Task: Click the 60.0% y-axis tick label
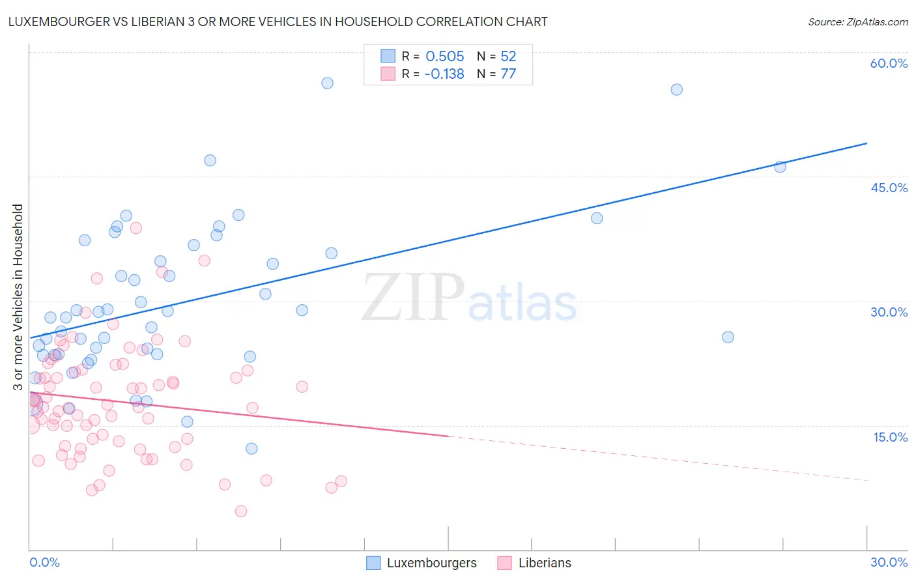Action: point(889,63)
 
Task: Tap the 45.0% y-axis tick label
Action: point(889,188)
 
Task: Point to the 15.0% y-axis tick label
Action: point(890,437)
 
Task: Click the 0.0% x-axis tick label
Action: point(44,562)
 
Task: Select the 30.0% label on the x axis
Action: point(889,562)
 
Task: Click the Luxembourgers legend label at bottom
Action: point(431,563)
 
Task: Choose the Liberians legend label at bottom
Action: point(545,563)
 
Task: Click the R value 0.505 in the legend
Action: point(444,56)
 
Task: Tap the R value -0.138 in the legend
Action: point(444,74)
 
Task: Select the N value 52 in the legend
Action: point(508,56)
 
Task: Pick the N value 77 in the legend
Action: point(508,74)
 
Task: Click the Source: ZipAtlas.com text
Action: point(857,21)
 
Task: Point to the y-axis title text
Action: point(18,297)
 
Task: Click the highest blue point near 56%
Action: point(327,83)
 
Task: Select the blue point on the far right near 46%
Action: point(780,167)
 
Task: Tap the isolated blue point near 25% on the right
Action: point(728,337)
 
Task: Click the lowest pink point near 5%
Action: point(241,511)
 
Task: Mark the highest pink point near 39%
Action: point(136,228)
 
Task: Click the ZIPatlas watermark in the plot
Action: point(469,298)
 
